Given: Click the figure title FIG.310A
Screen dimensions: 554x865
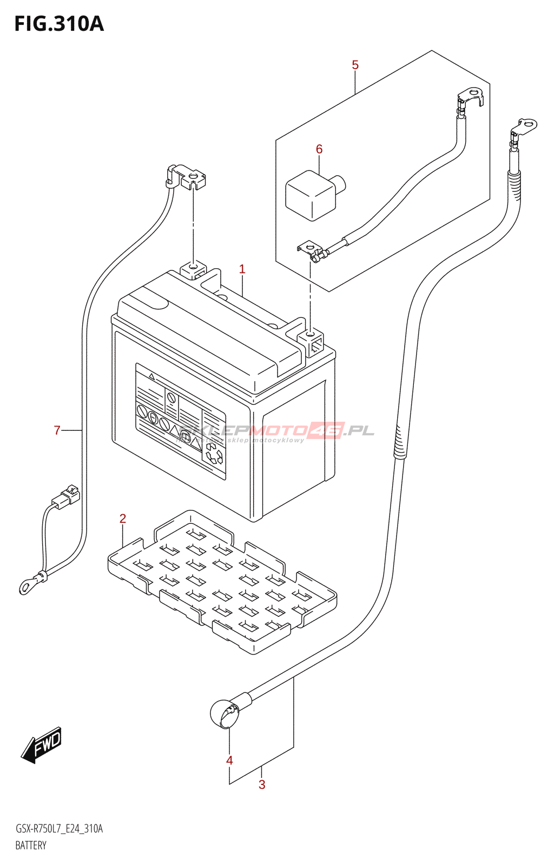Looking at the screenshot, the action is tap(59, 24).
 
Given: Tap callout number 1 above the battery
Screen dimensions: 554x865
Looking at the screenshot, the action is tap(242, 269).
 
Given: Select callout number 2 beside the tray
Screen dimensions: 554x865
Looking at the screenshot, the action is tap(123, 519).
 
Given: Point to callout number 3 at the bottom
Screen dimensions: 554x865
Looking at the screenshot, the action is tap(262, 784).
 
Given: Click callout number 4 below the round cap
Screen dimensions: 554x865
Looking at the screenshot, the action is tap(229, 761).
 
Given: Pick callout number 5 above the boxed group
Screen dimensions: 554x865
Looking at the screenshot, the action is tap(355, 65).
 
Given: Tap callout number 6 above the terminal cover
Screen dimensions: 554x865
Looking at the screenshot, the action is tap(319, 149).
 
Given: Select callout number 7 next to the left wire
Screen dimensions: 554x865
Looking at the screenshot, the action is tap(57, 430).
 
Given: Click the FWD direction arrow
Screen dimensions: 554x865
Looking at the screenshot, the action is tap(42, 745).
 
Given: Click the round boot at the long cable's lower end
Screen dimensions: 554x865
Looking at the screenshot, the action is tap(225, 714).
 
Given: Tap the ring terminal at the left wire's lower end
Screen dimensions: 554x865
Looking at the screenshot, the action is tap(27, 585).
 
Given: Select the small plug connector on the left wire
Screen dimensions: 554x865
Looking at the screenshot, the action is tap(66, 497).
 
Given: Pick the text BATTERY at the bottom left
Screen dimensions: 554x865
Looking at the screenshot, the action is tap(31, 846).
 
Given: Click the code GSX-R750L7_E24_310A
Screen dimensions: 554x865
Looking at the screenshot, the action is tap(59, 829).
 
